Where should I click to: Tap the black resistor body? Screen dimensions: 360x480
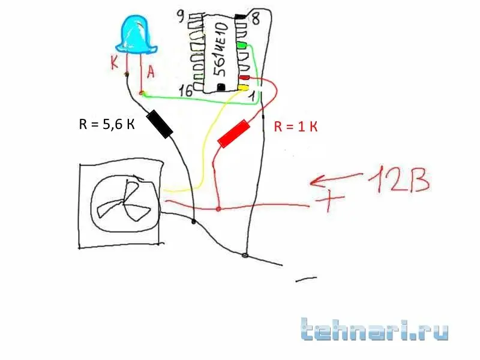click(x=160, y=124)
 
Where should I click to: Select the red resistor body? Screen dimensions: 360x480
click(x=233, y=133)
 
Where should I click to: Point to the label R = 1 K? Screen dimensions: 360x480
click(x=295, y=127)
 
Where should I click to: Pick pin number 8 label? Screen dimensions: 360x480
click(x=255, y=19)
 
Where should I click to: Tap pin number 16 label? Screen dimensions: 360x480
click(x=187, y=91)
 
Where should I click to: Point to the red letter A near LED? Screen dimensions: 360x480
click(x=151, y=73)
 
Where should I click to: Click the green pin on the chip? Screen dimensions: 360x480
click(x=242, y=46)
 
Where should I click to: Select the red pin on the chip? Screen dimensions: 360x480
click(x=244, y=78)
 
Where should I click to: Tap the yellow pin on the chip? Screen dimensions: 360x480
click(x=243, y=88)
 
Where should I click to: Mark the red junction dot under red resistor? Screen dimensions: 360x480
click(x=218, y=209)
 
